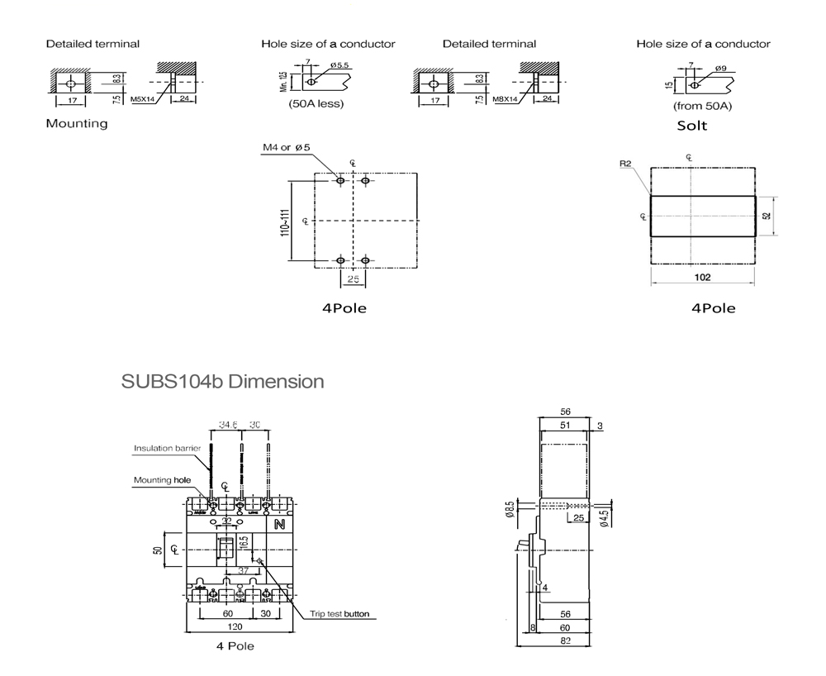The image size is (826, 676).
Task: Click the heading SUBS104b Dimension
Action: tap(222, 383)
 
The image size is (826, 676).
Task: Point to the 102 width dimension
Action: tap(702, 278)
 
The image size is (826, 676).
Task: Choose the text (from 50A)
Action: tap(703, 106)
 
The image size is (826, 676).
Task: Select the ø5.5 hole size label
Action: tap(339, 64)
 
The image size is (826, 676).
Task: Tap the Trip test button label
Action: tap(339, 614)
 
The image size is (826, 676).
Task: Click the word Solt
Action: tap(691, 126)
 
